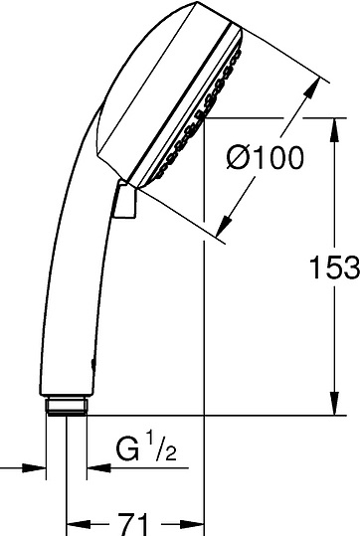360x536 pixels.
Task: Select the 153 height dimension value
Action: [329, 267]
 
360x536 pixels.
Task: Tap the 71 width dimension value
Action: [135, 520]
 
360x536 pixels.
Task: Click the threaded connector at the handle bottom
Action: [67, 405]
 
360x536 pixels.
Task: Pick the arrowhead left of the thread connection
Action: [40, 465]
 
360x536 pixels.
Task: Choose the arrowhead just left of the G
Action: [94, 465]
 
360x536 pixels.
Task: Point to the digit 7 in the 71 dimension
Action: [127, 520]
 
